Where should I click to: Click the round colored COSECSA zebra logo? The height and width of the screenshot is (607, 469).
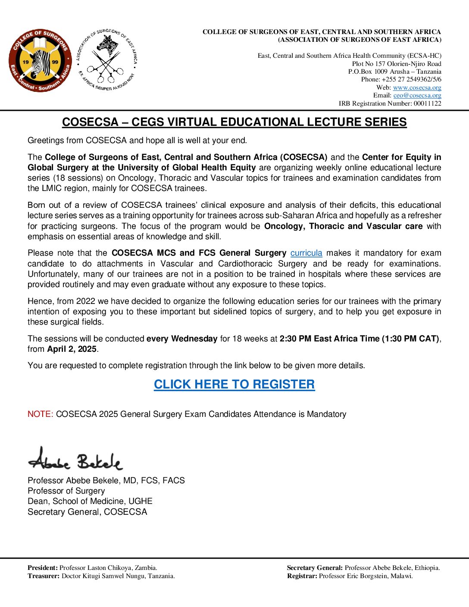[40, 61]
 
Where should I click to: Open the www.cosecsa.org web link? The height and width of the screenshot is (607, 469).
[417, 88]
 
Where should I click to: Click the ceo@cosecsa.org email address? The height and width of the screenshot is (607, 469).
[417, 95]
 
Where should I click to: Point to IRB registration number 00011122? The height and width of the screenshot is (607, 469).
[427, 103]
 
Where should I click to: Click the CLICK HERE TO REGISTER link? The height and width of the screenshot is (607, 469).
[234, 384]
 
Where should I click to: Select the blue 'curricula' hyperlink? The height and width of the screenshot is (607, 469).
[306, 253]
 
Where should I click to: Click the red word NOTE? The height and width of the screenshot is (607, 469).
[40, 414]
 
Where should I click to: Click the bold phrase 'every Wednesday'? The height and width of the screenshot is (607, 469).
[181, 339]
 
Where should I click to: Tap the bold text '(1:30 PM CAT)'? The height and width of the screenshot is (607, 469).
[410, 339]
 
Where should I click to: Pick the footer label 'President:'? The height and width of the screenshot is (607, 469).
[43, 568]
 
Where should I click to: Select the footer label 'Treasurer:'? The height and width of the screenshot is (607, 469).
[44, 576]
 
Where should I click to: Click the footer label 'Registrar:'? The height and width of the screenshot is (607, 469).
[302, 576]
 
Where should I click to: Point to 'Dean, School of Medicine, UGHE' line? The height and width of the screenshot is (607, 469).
[90, 501]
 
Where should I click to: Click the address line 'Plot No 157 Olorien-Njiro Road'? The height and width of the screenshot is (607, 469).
[397, 64]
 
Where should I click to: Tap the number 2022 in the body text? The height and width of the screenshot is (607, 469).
[86, 301]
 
